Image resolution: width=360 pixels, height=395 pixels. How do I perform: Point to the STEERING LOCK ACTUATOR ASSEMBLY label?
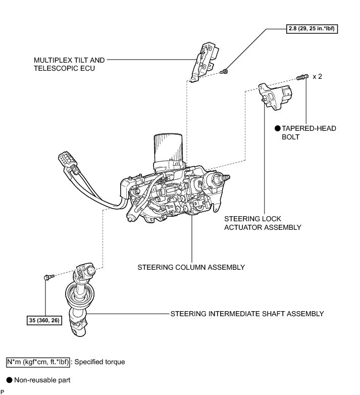[x=262, y=224]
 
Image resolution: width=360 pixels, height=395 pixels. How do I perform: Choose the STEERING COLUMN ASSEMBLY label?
[x=191, y=267]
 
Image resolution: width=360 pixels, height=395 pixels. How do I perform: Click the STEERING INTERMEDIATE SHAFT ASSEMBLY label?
[x=247, y=314]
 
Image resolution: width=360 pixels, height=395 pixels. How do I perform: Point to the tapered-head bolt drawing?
[x=302, y=77]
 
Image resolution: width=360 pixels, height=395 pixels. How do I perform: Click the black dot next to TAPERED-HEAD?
[x=277, y=129]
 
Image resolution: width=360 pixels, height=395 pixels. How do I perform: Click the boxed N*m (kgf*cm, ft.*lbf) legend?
[x=38, y=362]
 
